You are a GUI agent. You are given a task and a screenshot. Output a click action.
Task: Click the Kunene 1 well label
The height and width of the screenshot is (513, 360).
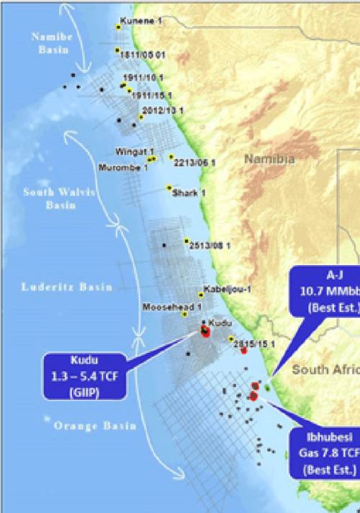[x=142, y=22]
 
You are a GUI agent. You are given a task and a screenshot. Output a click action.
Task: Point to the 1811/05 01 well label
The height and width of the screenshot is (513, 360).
[x=143, y=55]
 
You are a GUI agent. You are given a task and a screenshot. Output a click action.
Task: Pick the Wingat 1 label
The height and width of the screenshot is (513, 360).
[x=130, y=151]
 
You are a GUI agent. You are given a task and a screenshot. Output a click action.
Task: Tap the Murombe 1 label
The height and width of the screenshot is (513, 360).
[x=124, y=167]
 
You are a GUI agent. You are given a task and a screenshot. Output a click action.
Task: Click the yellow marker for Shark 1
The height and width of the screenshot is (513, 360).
[x=169, y=188]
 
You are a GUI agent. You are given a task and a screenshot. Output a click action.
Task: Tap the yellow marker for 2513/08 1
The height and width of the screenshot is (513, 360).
[x=186, y=241]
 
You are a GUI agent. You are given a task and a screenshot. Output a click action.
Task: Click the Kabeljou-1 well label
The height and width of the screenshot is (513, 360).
[x=228, y=289]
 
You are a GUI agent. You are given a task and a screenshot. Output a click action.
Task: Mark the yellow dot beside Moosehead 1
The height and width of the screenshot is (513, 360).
[x=185, y=314]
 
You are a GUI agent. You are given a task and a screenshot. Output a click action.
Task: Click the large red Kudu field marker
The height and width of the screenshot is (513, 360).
[x=204, y=332]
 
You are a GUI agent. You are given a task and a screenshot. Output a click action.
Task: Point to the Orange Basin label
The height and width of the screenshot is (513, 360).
[x=95, y=425]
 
